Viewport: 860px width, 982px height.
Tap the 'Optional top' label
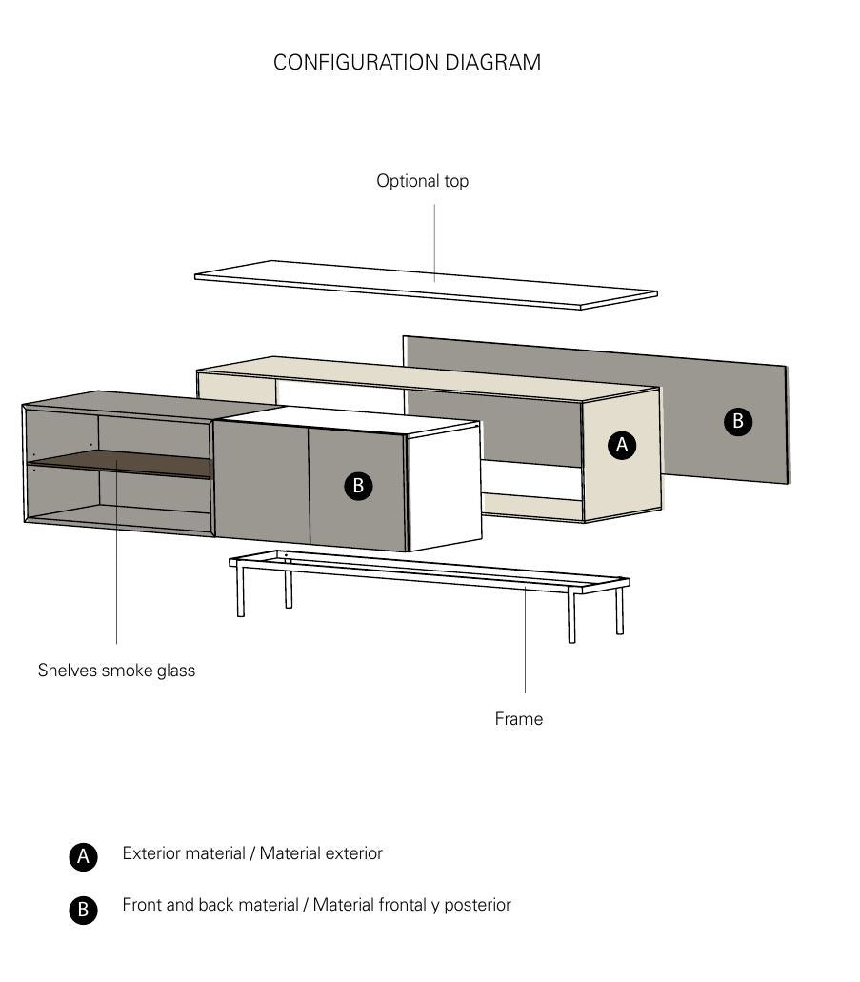(422, 181)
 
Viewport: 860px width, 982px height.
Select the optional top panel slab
(426, 286)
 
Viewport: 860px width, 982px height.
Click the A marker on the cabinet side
(622, 445)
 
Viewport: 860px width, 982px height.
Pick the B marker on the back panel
(737, 422)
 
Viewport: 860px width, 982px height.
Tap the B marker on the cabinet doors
(358, 486)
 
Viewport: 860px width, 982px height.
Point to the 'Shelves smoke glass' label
(116, 671)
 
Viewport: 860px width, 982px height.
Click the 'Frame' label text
(518, 719)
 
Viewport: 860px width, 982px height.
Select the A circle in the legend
(83, 856)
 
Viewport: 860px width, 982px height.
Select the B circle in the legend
(83, 910)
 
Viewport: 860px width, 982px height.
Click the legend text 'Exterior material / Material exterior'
(252, 853)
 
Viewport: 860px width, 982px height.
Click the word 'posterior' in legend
(477, 905)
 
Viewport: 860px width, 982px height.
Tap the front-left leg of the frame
(241, 592)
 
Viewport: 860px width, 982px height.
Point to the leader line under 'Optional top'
(435, 238)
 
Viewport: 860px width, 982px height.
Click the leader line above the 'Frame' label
(525, 648)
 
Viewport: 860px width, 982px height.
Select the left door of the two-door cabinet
(259, 482)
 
